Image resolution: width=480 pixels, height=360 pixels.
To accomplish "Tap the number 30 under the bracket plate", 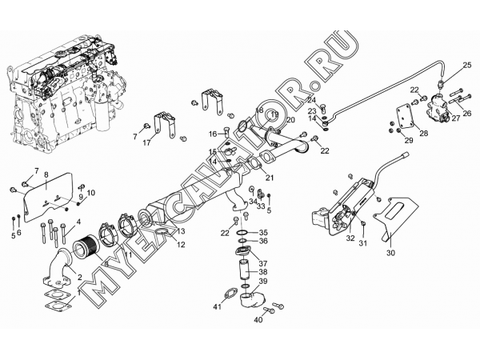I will [390, 254].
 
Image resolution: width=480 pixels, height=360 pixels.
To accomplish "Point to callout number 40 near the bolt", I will [258, 321].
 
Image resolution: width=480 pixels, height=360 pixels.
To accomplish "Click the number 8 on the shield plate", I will [46, 174].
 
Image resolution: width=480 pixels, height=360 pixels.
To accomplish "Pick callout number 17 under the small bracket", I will [146, 143].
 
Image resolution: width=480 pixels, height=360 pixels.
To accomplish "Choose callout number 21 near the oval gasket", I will [270, 178].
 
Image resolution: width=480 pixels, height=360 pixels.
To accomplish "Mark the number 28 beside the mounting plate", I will [422, 134].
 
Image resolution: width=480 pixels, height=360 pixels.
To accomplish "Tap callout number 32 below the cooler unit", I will [350, 238].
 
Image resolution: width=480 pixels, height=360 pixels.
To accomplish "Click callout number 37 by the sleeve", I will [263, 262].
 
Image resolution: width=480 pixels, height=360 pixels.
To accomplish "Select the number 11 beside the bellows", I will [127, 254].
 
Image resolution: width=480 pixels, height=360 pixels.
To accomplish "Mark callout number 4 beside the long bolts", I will [78, 221].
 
